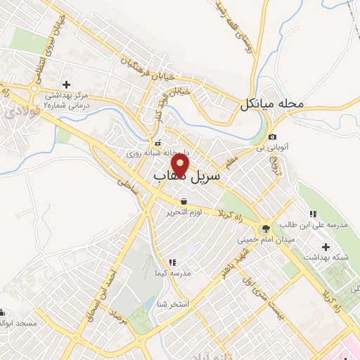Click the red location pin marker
tap(181, 165)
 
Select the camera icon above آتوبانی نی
tap(273, 136)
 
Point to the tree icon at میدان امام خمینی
tap(265, 228)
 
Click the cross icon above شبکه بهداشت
tap(326, 247)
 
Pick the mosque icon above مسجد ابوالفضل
tap(1, 312)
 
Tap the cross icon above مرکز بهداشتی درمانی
tap(65, 84)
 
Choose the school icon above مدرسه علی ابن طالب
tap(312, 214)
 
